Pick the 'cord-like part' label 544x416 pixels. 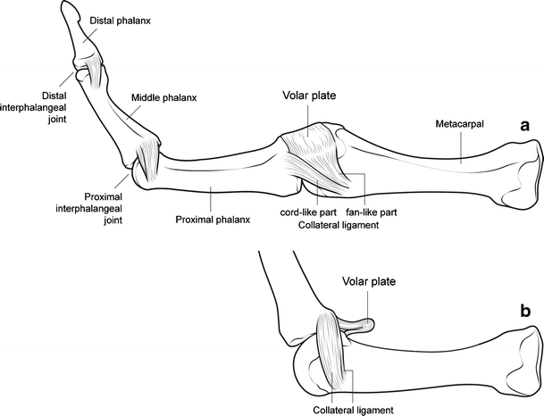306,214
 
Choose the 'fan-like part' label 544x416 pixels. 371,214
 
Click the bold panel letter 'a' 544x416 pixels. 526,128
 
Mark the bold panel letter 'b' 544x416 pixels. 527,312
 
